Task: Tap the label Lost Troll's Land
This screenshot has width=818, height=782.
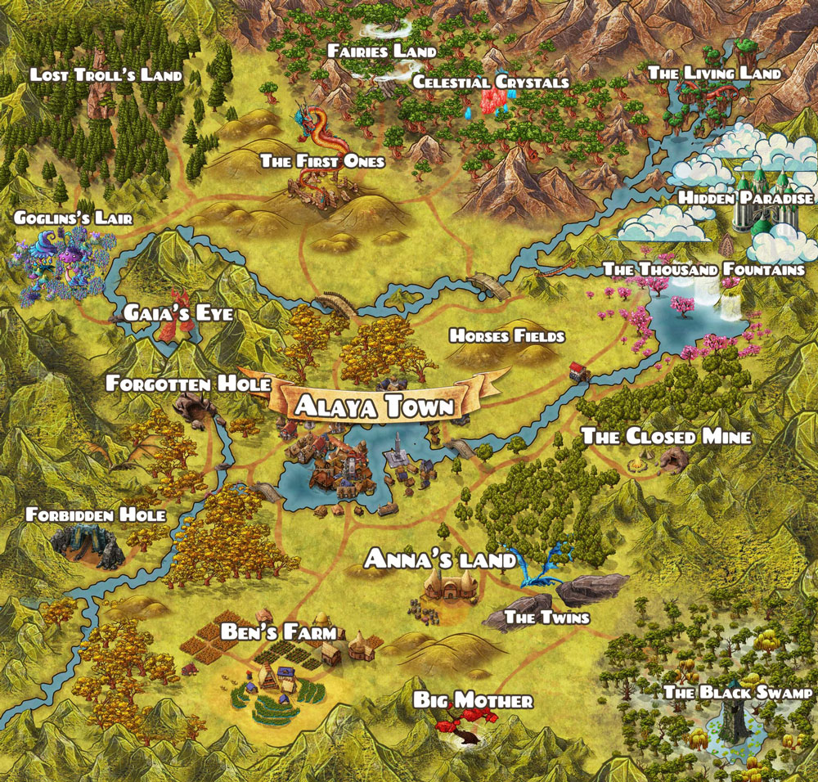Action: [x=106, y=75]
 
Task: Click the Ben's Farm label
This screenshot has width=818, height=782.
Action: [x=278, y=632]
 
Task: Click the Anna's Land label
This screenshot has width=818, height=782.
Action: [x=440, y=560]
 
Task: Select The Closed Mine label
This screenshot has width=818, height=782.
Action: [x=666, y=437]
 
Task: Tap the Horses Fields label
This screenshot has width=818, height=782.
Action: [x=506, y=335]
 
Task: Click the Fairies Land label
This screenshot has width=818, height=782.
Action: [x=381, y=51]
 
